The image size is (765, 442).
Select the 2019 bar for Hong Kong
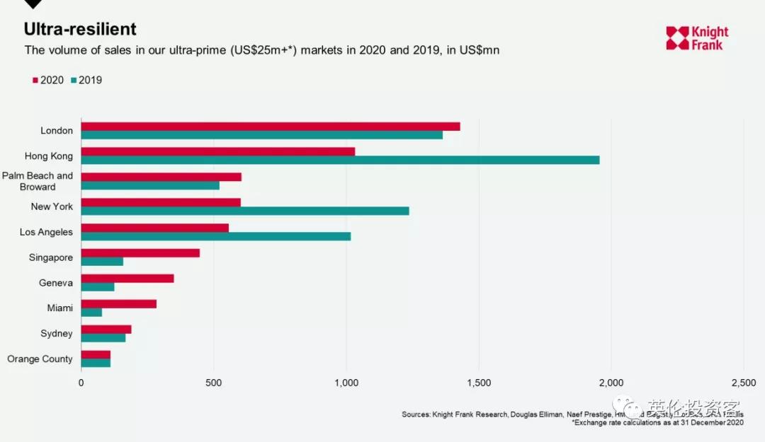click(340, 160)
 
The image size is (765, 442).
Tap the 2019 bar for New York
click(245, 211)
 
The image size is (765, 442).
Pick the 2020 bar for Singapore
click(140, 253)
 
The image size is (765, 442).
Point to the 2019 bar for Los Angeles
click(216, 236)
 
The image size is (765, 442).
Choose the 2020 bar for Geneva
click(127, 279)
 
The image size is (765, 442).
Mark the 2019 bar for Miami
click(91, 312)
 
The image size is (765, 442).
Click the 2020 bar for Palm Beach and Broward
click(161, 177)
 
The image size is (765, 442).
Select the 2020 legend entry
click(48, 81)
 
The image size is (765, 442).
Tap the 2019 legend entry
click(86, 81)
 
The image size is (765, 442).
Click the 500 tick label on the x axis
click(213, 383)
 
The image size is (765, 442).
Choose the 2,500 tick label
click(743, 383)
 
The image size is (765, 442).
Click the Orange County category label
click(40, 359)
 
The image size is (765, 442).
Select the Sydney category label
click(57, 334)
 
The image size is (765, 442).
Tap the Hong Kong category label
click(49, 156)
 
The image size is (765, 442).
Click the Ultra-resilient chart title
click(80, 29)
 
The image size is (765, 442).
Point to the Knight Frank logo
click(697, 38)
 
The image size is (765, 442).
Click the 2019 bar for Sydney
click(103, 337)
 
